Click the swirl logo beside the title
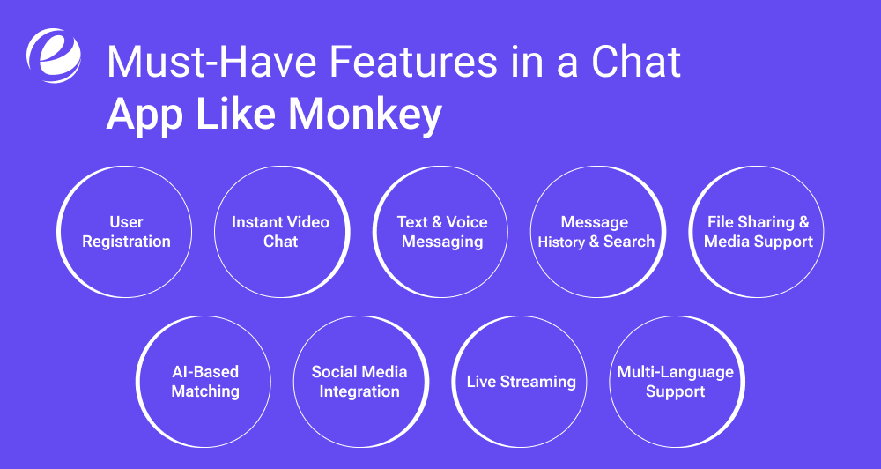point(54,56)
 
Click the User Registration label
point(126,232)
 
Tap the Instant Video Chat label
point(280,232)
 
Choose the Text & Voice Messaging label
point(442,232)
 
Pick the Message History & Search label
point(596,232)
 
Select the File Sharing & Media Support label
point(759,232)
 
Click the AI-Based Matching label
point(205,381)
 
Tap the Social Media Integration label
point(359,381)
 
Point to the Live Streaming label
point(521,382)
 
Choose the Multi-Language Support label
point(675,382)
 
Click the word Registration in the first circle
point(126,242)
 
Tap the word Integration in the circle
point(359,391)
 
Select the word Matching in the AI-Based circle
point(205,391)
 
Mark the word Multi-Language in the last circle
point(675,372)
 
